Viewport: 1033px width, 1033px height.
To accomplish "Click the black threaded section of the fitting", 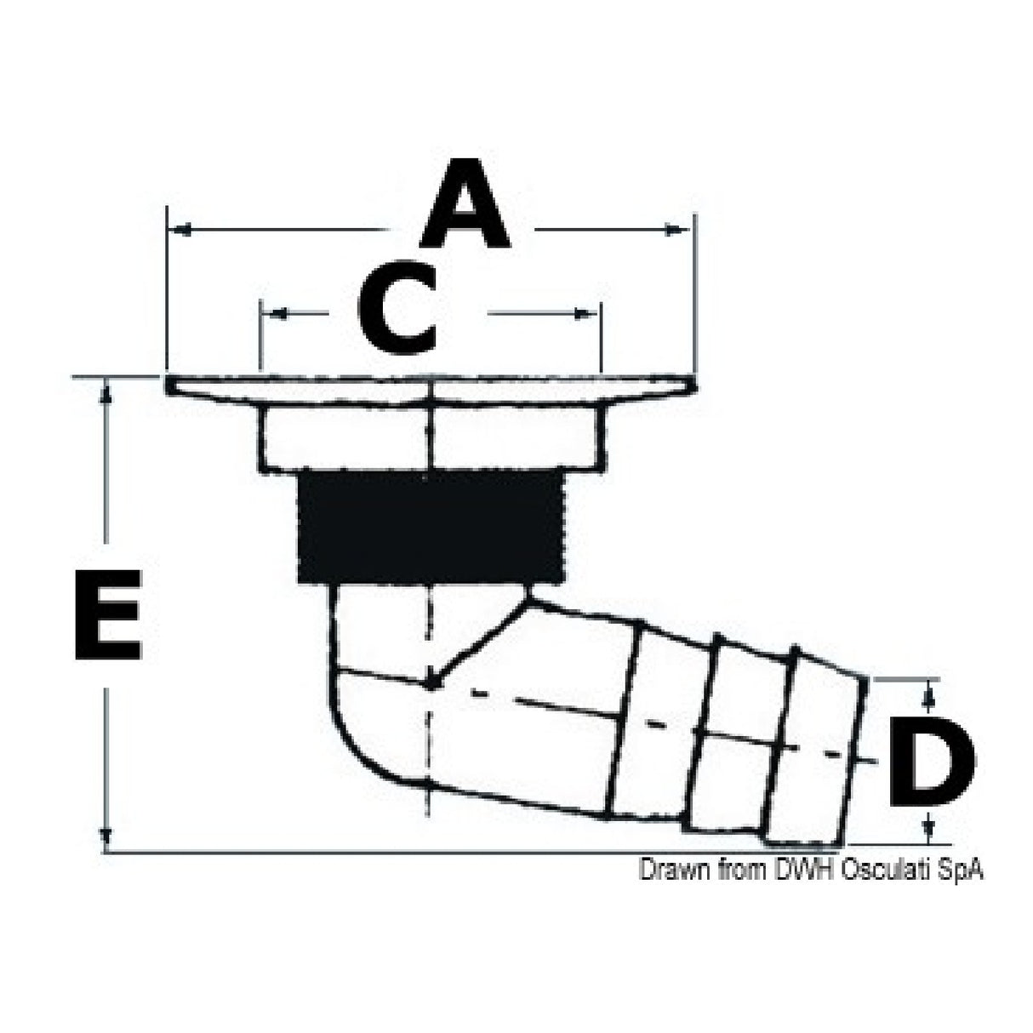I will tap(431, 528).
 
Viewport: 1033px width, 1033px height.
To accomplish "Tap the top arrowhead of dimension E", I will tap(106, 390).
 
